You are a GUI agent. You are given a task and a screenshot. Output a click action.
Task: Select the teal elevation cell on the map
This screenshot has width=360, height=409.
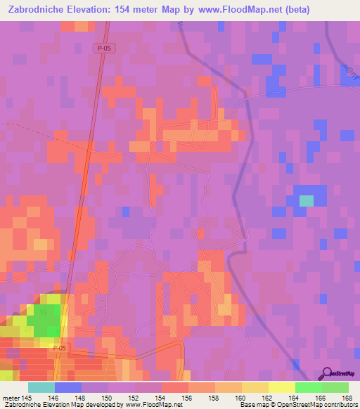[x=306, y=200]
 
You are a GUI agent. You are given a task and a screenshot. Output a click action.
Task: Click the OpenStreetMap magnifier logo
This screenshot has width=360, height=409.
[x=326, y=373]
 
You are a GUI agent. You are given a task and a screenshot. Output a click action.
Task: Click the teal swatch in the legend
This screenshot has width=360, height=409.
[x=41, y=387]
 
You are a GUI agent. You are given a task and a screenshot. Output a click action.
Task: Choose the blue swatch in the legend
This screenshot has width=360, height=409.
[x=68, y=387]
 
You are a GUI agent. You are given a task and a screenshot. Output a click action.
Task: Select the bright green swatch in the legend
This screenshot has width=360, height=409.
[x=308, y=387]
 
